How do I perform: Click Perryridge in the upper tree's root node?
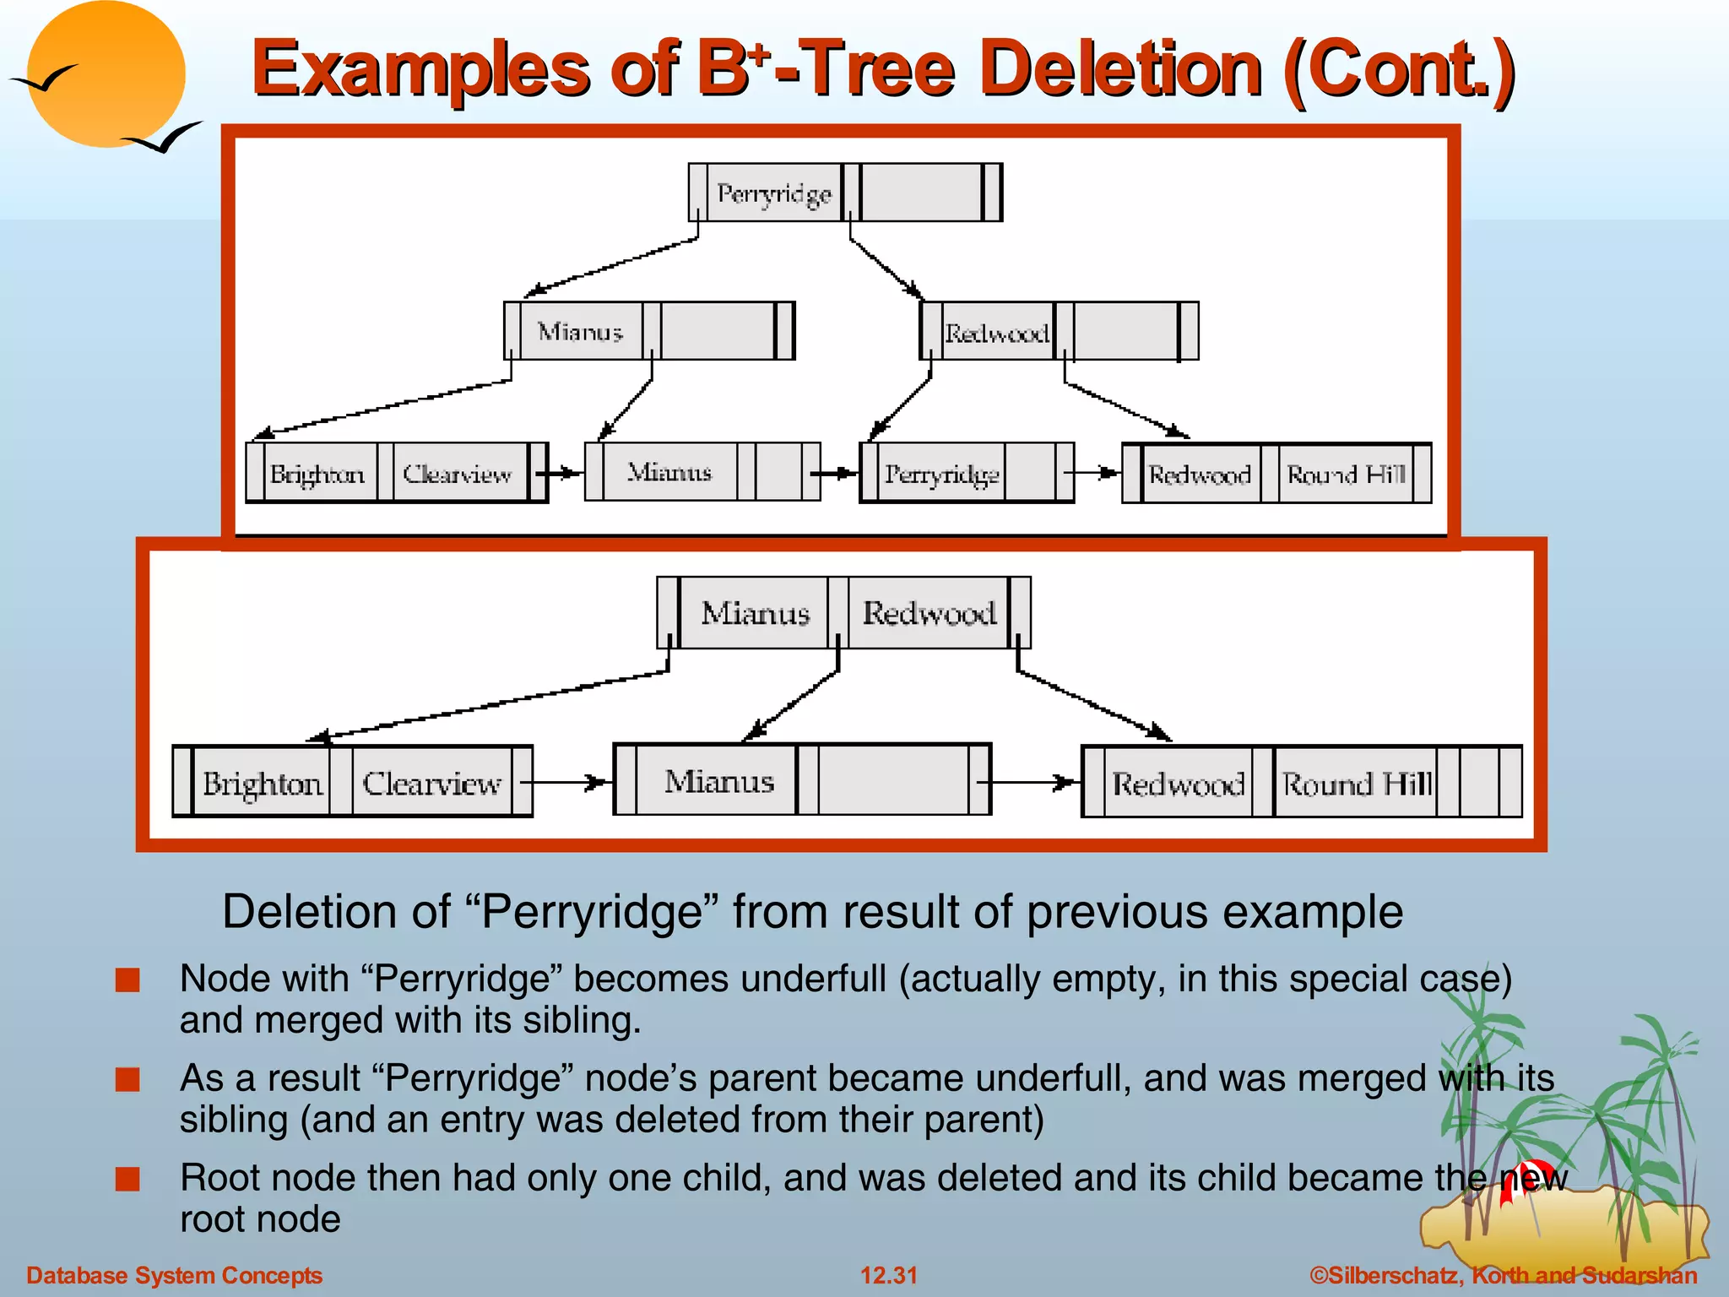pos(774,193)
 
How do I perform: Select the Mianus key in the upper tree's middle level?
pos(580,332)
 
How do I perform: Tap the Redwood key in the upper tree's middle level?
pos(996,334)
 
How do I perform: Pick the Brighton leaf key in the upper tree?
pos(317,474)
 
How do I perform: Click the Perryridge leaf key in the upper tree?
pos(941,475)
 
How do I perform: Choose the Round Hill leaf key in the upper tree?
pos(1346,475)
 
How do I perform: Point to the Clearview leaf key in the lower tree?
pos(431,784)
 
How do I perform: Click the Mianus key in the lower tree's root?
pos(755,613)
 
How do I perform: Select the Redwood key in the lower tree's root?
pos(929,613)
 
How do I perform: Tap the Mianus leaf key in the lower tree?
pos(718,782)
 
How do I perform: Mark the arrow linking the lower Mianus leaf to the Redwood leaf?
pos(1033,783)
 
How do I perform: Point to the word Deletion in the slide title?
pos(1122,69)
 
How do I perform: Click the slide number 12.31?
pos(888,1275)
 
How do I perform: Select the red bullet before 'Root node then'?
pos(127,1179)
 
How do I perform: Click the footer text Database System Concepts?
pos(174,1275)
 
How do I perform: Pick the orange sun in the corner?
pos(106,74)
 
